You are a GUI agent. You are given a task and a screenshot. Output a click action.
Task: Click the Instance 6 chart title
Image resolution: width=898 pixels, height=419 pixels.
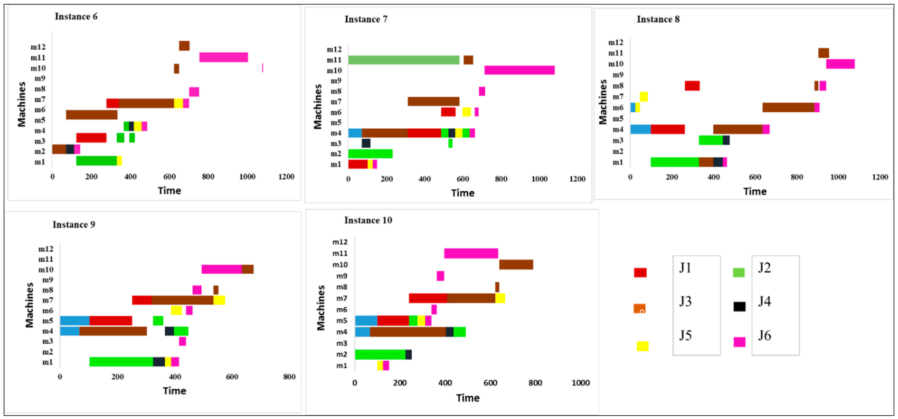point(76,16)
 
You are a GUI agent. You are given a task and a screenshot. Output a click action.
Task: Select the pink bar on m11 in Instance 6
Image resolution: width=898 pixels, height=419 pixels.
point(224,57)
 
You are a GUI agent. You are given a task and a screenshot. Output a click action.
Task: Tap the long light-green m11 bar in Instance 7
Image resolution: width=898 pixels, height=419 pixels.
point(404,60)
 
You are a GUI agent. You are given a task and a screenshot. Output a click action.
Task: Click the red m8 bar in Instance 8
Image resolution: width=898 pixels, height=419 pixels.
point(692,86)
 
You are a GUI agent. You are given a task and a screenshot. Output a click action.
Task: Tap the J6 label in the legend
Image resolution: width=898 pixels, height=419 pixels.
point(764,335)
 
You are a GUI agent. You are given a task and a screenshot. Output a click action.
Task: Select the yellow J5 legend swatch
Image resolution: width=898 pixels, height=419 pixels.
point(642,346)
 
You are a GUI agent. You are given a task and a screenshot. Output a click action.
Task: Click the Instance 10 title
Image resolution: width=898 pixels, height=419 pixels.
point(368,220)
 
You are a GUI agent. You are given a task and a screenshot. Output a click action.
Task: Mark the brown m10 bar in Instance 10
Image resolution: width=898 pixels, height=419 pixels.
point(516,265)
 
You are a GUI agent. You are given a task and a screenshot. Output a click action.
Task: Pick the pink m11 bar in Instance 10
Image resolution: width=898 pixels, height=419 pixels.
point(471,253)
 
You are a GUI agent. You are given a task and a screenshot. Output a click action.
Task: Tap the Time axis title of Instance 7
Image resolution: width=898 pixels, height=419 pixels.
point(463,193)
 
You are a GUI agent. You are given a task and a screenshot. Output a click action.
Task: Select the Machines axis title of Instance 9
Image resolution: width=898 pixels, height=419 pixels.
point(30,305)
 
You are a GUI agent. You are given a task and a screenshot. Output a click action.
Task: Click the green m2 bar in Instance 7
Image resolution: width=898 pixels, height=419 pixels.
point(370,154)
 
